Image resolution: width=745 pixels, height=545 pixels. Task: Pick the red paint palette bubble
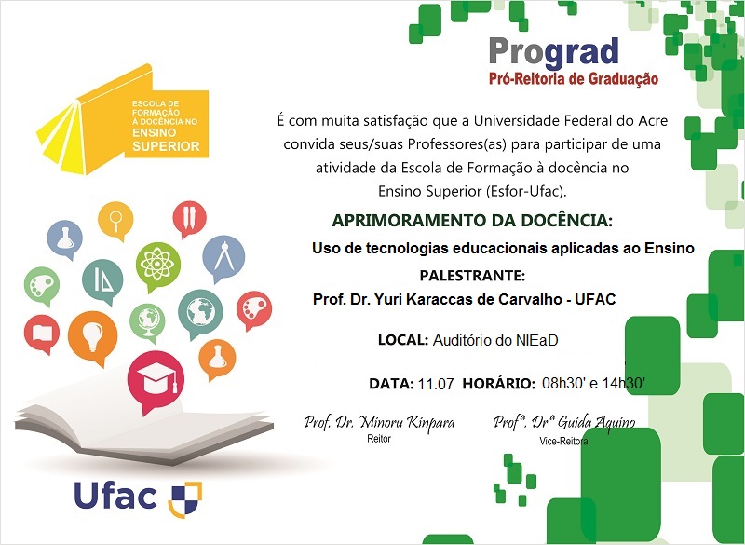[253, 307]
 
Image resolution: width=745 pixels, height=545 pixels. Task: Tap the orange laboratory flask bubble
[217, 355]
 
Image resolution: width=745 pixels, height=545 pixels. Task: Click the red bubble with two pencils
[189, 217]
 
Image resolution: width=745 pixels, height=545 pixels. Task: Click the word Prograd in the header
[553, 51]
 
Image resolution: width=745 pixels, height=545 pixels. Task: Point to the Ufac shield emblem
[184, 498]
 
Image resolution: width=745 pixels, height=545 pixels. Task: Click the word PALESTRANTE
[472, 276]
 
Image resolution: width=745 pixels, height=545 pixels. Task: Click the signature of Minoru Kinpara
[379, 423]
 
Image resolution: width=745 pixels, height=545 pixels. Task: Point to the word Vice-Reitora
[563, 441]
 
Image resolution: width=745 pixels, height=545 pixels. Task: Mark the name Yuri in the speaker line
[399, 299]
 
